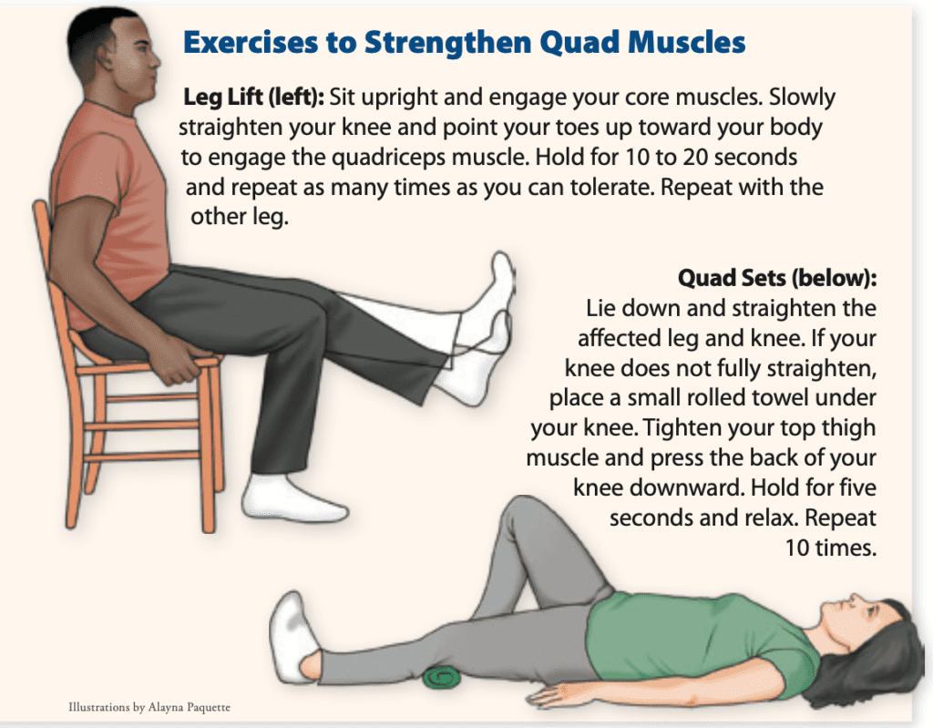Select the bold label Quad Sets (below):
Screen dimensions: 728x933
tap(776, 277)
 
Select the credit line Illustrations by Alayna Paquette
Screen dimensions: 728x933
tap(156, 707)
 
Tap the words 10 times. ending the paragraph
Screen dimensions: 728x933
tap(829, 548)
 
